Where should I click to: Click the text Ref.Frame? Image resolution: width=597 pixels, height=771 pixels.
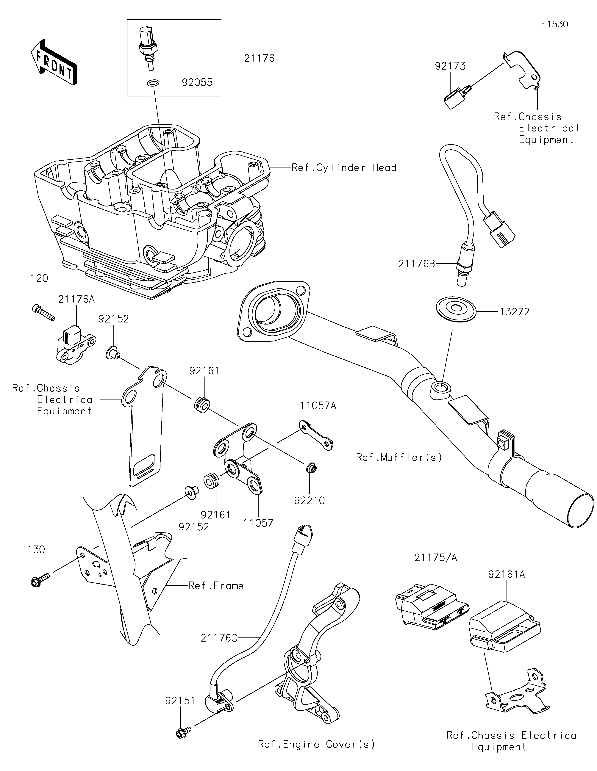pyautogui.click(x=216, y=586)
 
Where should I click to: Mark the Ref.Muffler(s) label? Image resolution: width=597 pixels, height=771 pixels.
pyautogui.click(x=399, y=457)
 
